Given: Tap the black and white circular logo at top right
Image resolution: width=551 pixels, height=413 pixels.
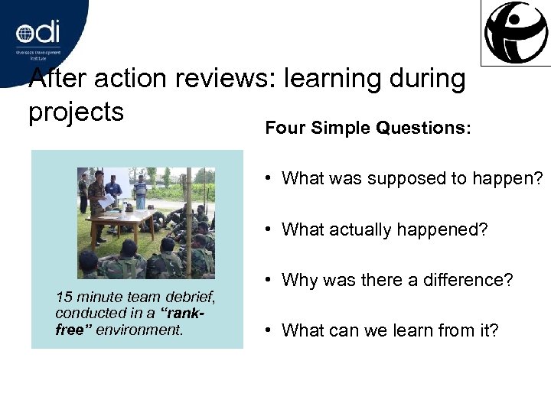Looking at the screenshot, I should pyautogui.click(x=516, y=33).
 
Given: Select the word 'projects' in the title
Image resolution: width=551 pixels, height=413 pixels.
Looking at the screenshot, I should pyautogui.click(x=76, y=112).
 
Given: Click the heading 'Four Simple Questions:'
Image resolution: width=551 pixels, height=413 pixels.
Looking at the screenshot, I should pyautogui.click(x=368, y=128).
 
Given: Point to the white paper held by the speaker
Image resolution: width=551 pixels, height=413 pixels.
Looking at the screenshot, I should pyautogui.click(x=108, y=201).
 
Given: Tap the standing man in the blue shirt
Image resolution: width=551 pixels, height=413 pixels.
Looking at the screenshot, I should pyautogui.click(x=140, y=191).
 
